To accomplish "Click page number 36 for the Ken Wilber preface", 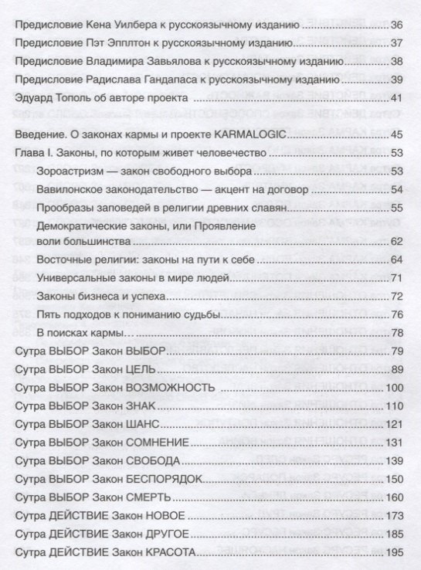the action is pyautogui.click(x=399, y=25).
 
